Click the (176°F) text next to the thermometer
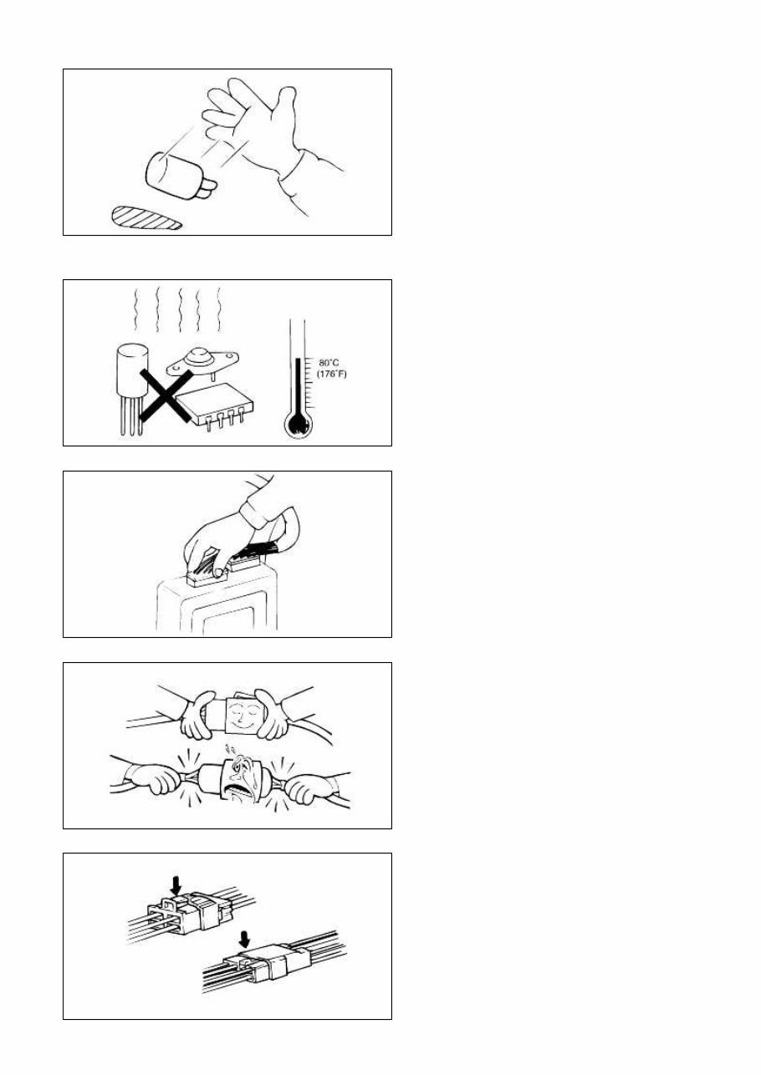tap(331, 374)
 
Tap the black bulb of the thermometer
tap(298, 425)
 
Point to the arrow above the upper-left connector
tap(175, 882)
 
